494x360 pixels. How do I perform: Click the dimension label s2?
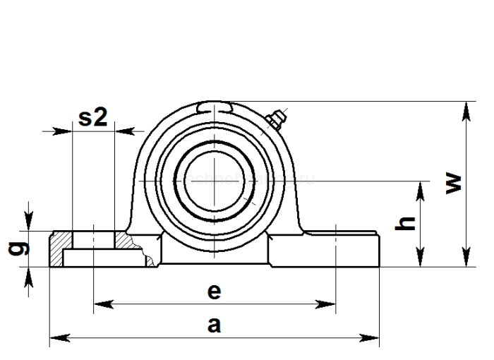click(92, 117)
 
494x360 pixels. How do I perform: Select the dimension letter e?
click(215, 291)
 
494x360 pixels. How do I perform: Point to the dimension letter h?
click(404, 223)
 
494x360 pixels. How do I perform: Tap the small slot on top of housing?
click(215, 106)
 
